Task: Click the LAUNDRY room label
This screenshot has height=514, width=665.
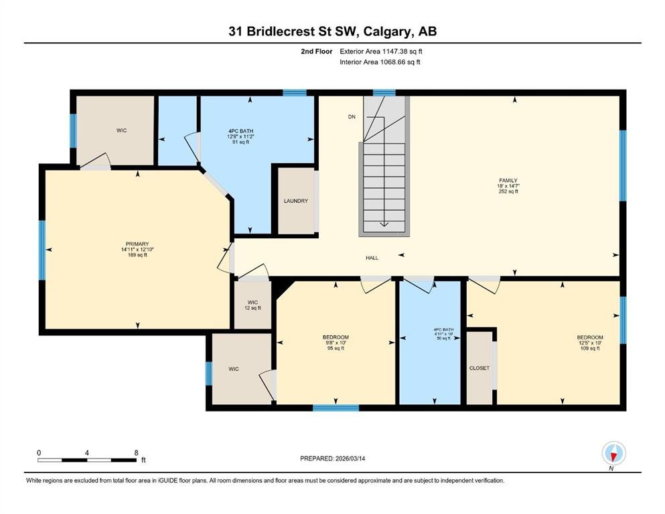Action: [x=296, y=201]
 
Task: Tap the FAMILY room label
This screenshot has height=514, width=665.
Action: [x=508, y=181]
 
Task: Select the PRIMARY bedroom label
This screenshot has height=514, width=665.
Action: [x=137, y=244]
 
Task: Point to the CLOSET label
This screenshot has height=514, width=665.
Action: [x=479, y=368]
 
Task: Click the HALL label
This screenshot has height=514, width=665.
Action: [x=372, y=258]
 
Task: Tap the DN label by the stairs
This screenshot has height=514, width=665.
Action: [x=352, y=117]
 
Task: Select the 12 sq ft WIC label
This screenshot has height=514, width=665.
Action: [x=252, y=308]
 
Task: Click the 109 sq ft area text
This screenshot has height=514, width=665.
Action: [x=590, y=348]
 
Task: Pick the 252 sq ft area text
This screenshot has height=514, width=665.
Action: [x=508, y=191]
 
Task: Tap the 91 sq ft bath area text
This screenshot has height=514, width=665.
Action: [x=240, y=143]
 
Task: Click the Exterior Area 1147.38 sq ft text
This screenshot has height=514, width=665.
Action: [x=381, y=52]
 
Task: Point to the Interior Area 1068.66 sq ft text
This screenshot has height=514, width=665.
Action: [x=380, y=62]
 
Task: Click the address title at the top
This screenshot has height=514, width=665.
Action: [x=332, y=31]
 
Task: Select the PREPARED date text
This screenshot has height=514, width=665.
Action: [x=332, y=458]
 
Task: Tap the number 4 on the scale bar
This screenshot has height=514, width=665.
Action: [x=87, y=452]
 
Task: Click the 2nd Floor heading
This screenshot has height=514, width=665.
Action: [x=317, y=52]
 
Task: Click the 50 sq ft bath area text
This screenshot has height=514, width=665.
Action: [x=443, y=338]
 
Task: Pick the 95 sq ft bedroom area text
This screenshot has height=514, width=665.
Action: [x=336, y=348]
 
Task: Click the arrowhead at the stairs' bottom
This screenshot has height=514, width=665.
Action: [x=384, y=224]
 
